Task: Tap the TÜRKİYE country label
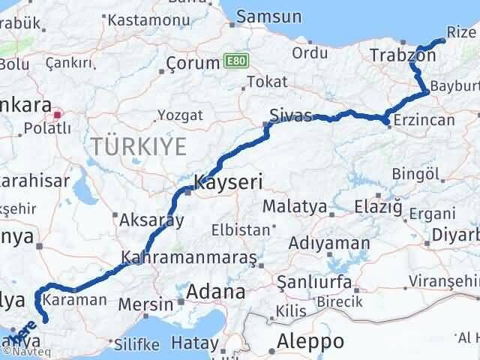[x=138, y=146]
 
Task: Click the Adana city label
[x=215, y=292]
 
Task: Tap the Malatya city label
[x=293, y=206]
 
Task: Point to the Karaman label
[x=75, y=299]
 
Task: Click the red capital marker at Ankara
[x=58, y=115]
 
